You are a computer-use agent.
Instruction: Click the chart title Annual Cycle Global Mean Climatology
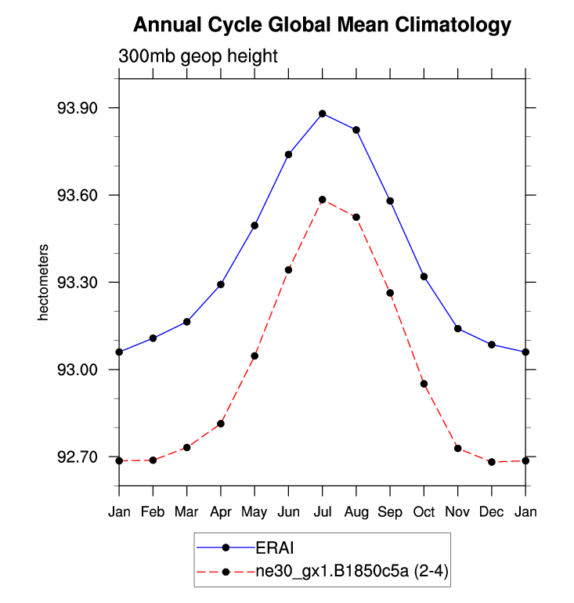click(322, 25)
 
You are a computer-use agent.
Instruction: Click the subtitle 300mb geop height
click(198, 56)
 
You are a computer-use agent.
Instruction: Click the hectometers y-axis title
click(45, 283)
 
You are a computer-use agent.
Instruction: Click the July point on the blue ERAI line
click(323, 114)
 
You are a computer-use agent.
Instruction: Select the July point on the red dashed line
click(323, 200)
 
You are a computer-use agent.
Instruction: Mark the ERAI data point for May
click(255, 226)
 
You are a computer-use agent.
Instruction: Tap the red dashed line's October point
click(424, 384)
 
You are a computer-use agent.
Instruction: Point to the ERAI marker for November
click(458, 328)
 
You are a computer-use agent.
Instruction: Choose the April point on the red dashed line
click(221, 424)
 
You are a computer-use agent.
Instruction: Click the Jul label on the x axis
click(323, 512)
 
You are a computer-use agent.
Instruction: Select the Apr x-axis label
click(221, 512)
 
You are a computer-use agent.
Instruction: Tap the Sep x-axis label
click(390, 512)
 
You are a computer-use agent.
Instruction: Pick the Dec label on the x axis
click(492, 512)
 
